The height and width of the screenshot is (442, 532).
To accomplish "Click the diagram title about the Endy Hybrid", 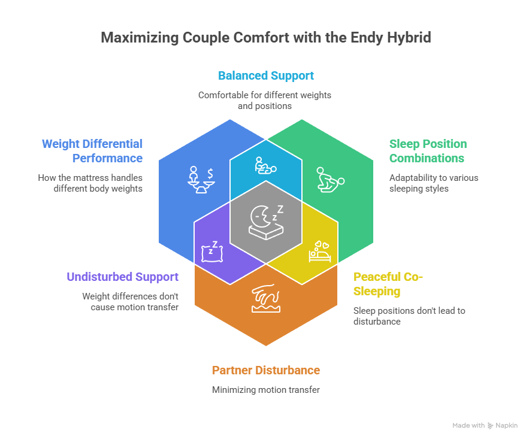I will point(265,38).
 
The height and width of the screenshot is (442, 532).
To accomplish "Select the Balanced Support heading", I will point(265,76).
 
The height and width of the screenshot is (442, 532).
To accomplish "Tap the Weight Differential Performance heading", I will point(92,151).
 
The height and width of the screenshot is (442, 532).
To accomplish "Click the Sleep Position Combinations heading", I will point(428,151).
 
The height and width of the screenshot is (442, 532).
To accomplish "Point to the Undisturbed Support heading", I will point(122,277).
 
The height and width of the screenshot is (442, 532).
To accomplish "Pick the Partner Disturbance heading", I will point(265,370).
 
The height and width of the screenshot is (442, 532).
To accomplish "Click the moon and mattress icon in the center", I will point(266,220).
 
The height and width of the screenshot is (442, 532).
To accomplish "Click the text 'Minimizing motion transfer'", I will point(265,390).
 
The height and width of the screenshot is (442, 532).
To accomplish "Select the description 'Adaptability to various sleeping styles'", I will point(434,183).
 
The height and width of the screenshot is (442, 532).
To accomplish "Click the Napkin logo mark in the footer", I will point(491,425).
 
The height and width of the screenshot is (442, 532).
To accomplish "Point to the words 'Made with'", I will point(468,425).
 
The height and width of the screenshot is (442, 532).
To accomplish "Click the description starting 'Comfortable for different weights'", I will point(265,100).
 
